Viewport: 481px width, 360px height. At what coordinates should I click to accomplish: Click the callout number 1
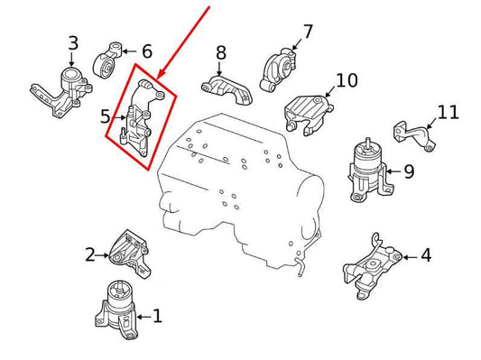pyautogui.click(x=157, y=316)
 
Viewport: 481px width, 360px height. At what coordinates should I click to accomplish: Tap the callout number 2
pyautogui.click(x=90, y=254)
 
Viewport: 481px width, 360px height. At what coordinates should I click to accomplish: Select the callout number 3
pyautogui.click(x=73, y=42)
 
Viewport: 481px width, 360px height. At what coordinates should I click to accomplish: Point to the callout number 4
pyautogui.click(x=425, y=255)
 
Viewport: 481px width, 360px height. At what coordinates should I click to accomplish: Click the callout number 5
pyautogui.click(x=105, y=115)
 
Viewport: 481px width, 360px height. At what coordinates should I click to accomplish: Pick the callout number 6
pyautogui.click(x=147, y=51)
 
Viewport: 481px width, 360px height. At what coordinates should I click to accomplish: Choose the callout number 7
pyautogui.click(x=308, y=32)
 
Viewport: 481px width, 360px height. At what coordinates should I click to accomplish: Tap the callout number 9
pyautogui.click(x=408, y=171)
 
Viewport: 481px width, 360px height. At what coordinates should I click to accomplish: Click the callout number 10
pyautogui.click(x=347, y=80)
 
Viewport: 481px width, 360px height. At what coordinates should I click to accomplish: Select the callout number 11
pyautogui.click(x=449, y=113)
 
